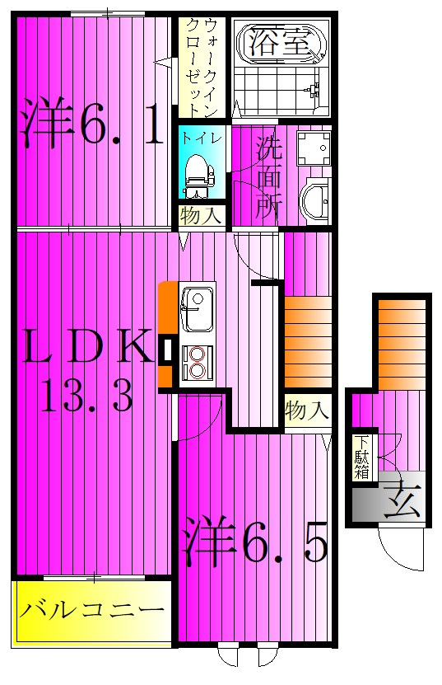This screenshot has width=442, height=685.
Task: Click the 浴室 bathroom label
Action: pos(282,41)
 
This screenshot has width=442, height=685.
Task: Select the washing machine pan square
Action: pos(312,148)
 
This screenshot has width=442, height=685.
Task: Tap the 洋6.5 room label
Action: pos(255,540)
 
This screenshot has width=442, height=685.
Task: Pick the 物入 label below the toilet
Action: pos(200,216)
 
